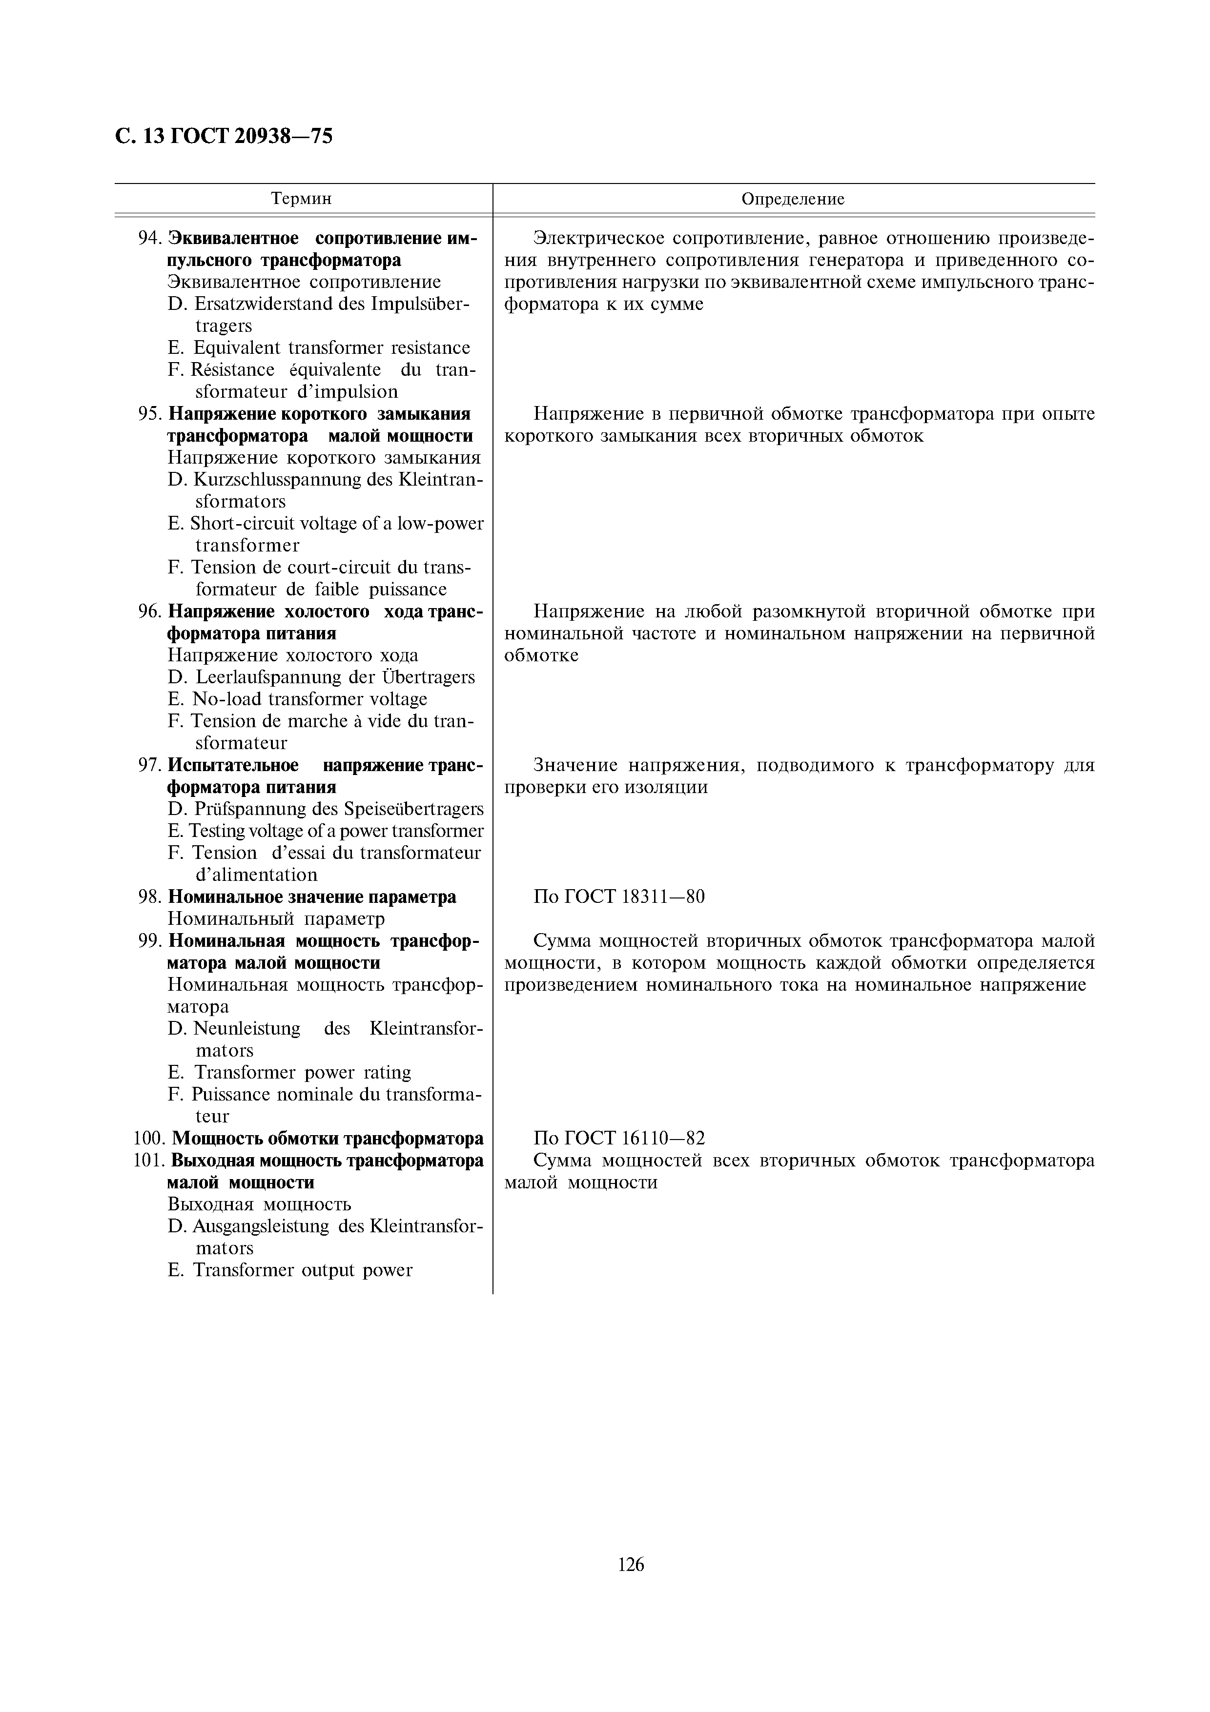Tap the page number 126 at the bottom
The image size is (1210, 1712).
pos(631,1564)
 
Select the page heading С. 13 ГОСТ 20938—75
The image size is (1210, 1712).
pos(224,137)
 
